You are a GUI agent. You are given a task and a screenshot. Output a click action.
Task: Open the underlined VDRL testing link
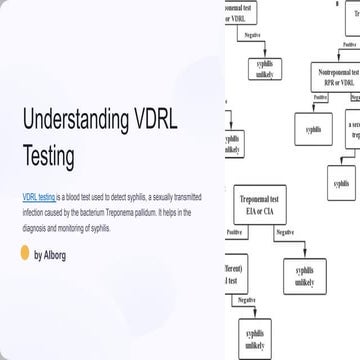[x=38, y=198]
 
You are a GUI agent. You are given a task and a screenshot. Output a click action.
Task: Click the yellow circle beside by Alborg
[x=25, y=254]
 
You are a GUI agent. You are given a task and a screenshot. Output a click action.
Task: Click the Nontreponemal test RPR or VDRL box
[x=335, y=78]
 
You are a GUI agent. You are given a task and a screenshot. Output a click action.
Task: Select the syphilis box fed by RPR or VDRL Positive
[x=313, y=129]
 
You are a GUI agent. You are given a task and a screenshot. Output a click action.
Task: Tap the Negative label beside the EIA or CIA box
[x=284, y=233]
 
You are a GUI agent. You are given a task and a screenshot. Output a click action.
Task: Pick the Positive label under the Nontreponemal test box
[x=321, y=97]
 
